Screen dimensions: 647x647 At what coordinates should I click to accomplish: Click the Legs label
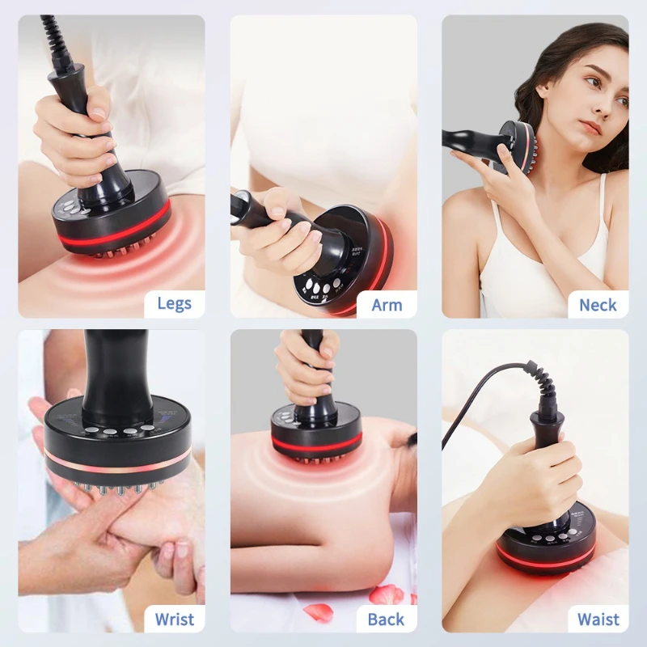click(x=174, y=304)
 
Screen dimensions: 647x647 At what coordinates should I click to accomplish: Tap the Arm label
click(x=386, y=305)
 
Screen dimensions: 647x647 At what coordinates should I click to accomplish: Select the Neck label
click(x=598, y=305)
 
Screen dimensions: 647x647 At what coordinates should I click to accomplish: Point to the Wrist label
click(x=174, y=620)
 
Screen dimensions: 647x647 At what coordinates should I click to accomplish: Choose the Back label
click(x=386, y=620)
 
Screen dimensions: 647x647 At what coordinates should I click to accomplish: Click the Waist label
click(x=598, y=620)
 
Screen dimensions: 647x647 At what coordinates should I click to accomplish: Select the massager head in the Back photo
click(x=316, y=436)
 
